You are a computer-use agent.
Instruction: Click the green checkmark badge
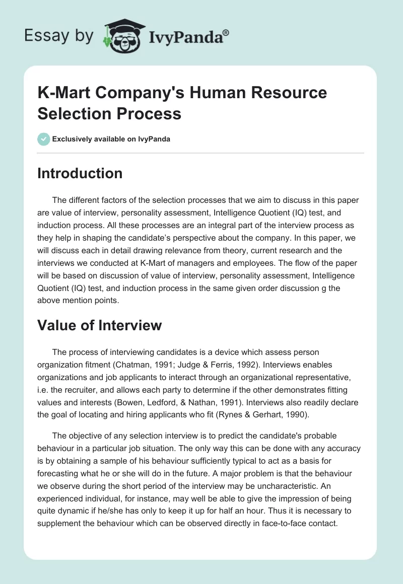(x=44, y=139)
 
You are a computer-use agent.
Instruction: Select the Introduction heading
(x=80, y=173)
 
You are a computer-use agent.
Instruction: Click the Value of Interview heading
(x=100, y=325)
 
